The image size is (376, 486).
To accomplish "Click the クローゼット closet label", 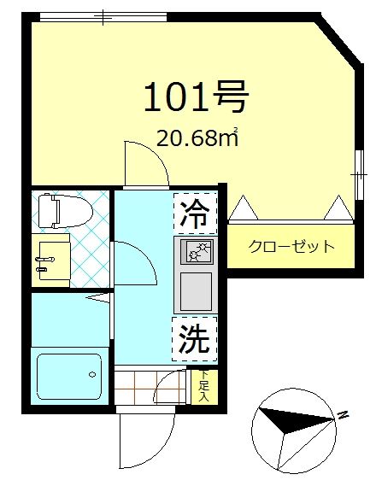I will tap(291, 247).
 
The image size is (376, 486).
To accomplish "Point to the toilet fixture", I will tap(62, 209).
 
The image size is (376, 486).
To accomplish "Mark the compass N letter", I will tap(342, 415).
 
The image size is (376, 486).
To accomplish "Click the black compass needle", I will tap(291, 419).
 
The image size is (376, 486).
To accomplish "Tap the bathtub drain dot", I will tap(91, 373).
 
